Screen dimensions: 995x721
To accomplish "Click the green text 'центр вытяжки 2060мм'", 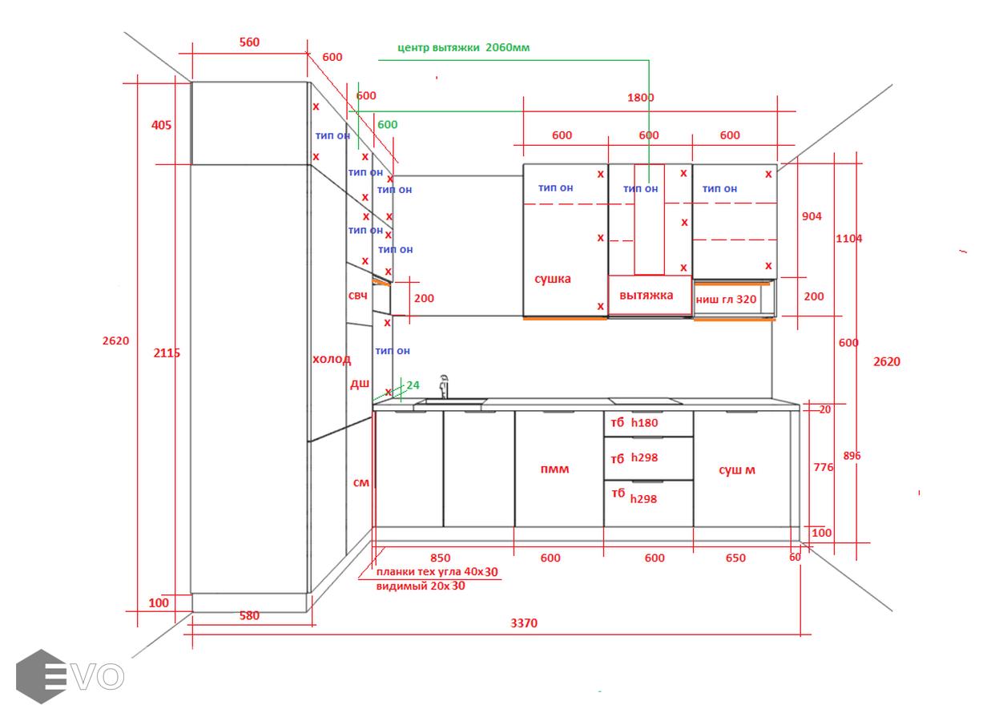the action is (x=463, y=47).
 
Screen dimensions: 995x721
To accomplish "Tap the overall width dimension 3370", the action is (x=524, y=623).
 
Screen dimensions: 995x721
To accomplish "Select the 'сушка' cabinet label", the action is (x=553, y=279).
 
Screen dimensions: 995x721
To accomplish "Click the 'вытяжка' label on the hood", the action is (x=647, y=296).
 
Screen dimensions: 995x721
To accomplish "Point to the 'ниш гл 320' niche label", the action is (x=726, y=300).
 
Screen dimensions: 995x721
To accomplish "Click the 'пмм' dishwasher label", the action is (x=554, y=469).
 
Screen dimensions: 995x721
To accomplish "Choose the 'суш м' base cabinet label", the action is (x=737, y=470).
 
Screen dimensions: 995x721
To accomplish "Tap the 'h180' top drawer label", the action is (x=644, y=422).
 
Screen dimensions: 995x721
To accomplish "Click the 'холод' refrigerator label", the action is (x=332, y=360).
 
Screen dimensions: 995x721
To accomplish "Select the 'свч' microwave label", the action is (x=358, y=296).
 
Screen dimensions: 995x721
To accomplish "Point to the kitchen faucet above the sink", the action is (x=443, y=386).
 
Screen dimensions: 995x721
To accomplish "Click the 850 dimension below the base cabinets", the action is (x=440, y=558).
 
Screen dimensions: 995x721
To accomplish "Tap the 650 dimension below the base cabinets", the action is (x=735, y=558).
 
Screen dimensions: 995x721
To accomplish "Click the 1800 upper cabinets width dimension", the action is (x=641, y=98).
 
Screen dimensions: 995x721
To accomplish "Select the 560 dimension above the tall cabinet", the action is (x=249, y=42).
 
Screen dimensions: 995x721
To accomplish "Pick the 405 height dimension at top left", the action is (x=161, y=125).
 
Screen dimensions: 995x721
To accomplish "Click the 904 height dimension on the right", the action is (x=812, y=216).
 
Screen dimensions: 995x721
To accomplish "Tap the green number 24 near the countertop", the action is (x=413, y=385).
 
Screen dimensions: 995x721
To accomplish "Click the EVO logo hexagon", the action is (x=41, y=677).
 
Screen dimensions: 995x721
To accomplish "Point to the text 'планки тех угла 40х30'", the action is (x=437, y=572).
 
